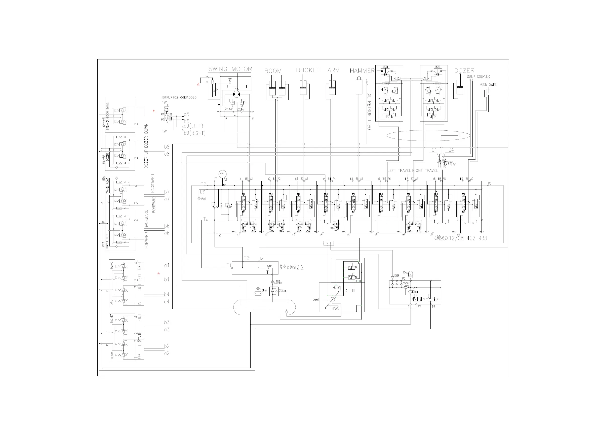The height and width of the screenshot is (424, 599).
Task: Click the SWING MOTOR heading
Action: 230,69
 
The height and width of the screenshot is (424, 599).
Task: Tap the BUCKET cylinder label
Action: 308,70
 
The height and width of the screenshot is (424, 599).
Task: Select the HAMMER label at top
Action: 362,70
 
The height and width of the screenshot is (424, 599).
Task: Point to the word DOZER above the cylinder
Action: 464,70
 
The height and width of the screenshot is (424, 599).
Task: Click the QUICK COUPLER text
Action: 478,77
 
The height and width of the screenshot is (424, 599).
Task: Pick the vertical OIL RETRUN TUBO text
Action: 369,111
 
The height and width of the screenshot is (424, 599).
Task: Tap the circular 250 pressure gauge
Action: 222,173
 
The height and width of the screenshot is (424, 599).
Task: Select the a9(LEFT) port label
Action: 193,126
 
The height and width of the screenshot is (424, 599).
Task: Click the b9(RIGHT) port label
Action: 194,133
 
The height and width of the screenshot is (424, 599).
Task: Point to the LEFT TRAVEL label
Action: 399,170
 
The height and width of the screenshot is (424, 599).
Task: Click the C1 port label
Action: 434,150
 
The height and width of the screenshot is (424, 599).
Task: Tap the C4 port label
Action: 451,150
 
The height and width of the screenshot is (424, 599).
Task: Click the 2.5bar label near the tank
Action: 283,291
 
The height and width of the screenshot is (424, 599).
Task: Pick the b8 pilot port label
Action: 167,147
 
